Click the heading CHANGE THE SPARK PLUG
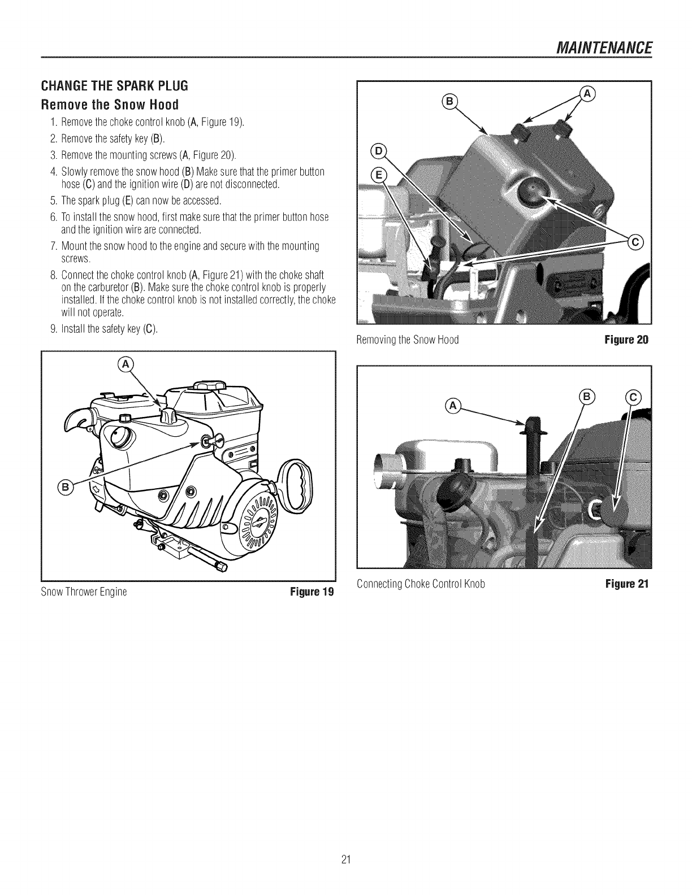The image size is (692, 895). [114, 86]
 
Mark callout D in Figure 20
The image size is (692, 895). [376, 151]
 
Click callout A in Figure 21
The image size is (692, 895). [453, 404]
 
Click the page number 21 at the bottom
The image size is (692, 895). [347, 859]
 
